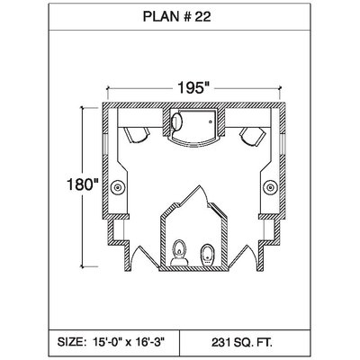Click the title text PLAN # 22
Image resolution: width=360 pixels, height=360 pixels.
point(176,17)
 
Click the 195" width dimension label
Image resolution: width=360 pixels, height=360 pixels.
point(193,88)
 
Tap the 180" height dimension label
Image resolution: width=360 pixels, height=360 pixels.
point(83,184)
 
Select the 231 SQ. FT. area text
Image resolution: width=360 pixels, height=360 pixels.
point(242,342)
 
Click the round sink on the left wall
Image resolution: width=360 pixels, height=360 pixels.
point(118,187)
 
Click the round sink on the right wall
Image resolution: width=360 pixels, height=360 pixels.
point(271,187)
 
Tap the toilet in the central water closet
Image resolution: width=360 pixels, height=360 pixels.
point(179,253)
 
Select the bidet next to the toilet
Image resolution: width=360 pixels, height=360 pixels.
point(207,255)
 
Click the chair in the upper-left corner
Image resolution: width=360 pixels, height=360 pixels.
point(137,135)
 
